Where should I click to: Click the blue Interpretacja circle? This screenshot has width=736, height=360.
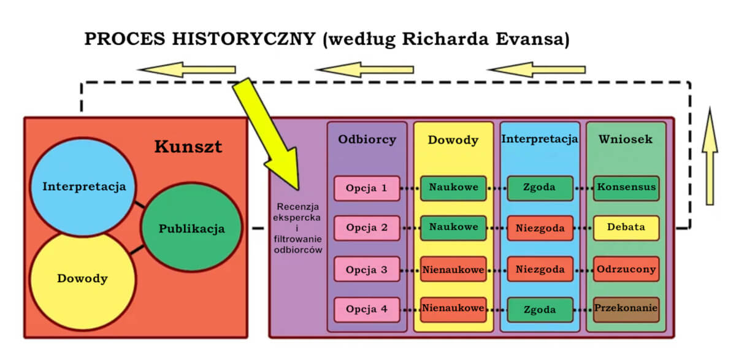coord(84,186)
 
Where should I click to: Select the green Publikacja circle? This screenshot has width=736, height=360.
coord(191,229)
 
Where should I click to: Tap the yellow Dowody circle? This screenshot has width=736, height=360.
coord(82,279)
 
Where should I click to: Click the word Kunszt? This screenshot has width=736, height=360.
coord(188,147)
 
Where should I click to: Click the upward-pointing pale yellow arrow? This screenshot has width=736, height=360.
coord(710,156)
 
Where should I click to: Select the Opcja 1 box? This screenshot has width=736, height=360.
coord(367,188)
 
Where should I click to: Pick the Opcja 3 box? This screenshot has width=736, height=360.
coord(367,269)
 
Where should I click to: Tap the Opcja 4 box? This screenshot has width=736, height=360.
coord(367,310)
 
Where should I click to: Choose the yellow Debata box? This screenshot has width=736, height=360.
coord(626,228)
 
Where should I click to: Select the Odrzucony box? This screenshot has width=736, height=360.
coord(626,269)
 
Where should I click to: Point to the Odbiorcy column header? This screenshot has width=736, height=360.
coord(367,140)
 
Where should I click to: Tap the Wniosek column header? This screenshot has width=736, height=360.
coord(626,140)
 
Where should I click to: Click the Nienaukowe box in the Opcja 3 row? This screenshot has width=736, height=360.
coord(453,269)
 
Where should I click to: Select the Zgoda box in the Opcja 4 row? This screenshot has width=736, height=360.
coord(540,310)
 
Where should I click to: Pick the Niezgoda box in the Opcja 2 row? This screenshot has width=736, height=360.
coord(540,228)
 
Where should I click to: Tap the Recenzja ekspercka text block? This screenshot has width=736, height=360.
coord(297,227)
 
